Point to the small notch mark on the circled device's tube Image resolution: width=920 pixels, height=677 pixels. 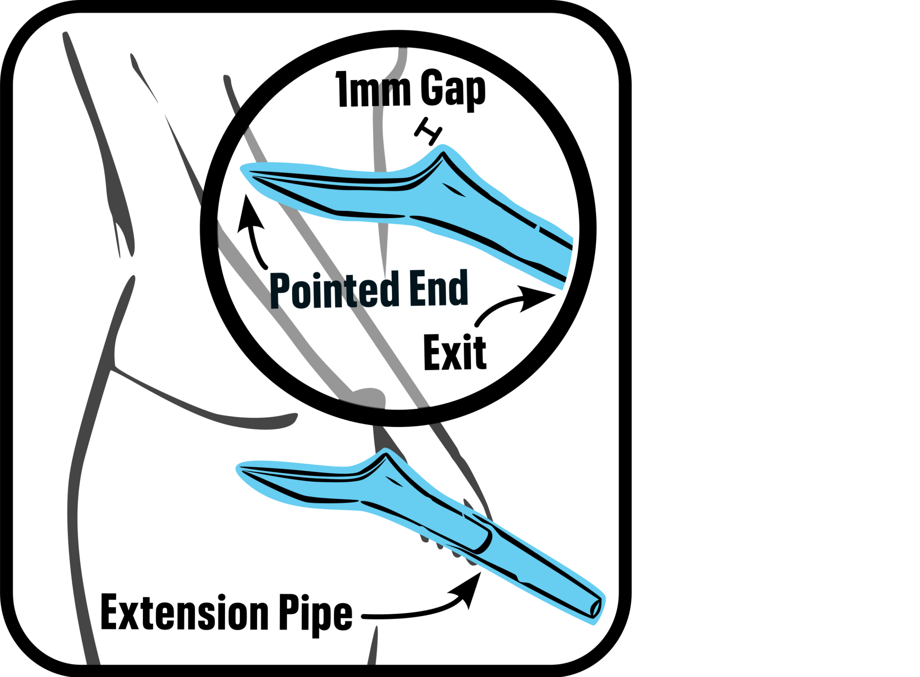tap(538, 227)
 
